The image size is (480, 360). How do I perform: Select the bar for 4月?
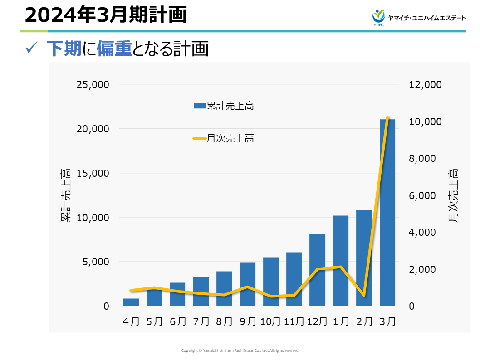tap(131, 302)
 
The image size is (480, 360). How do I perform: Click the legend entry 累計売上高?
tap(223, 106)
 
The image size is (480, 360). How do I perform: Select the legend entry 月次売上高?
tap(223, 139)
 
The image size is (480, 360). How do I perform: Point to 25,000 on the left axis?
tap(93, 85)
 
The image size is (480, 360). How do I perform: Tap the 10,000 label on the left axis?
tap(93, 218)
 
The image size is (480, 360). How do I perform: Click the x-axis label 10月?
tap(271, 321)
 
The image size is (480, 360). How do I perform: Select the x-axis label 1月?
tap(341, 321)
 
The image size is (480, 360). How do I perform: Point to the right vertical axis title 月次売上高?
tap(452, 195)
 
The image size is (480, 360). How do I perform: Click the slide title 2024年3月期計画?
tap(105, 15)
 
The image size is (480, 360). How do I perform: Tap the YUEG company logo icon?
tap(378, 17)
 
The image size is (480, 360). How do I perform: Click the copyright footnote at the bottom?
tap(240, 350)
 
